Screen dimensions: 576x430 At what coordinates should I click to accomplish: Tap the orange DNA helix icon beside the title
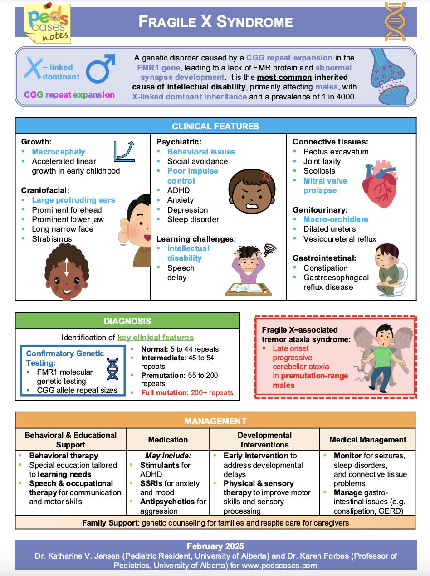[395, 21]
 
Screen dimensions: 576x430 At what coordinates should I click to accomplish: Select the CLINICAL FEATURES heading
[215, 126]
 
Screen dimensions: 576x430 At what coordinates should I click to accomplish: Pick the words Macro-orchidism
[336, 219]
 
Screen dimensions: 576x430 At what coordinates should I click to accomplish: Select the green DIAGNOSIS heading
[127, 321]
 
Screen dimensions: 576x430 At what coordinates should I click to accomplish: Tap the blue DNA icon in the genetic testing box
[112, 369]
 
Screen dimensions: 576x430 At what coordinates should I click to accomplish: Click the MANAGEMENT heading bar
[215, 421]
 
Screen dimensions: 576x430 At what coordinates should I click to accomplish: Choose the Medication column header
[168, 440]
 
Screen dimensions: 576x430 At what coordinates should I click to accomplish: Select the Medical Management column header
[368, 440]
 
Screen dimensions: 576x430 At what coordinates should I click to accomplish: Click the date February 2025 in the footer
[215, 546]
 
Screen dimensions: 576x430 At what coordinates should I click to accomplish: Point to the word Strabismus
[52, 239]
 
